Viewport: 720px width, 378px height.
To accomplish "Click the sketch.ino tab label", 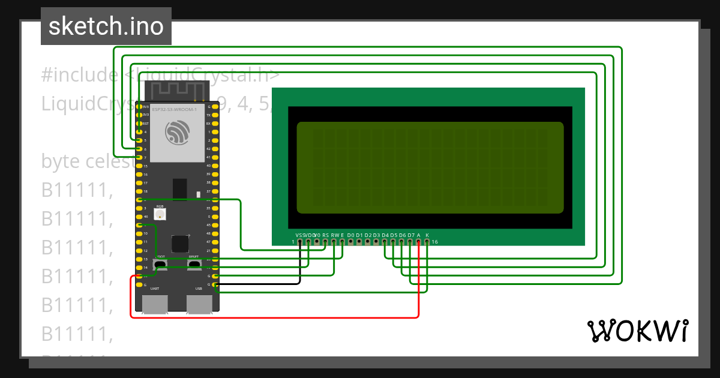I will (x=106, y=26).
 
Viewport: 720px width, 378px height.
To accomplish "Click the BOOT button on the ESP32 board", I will (x=160, y=264).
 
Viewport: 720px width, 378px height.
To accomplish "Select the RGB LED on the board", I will (x=160, y=214).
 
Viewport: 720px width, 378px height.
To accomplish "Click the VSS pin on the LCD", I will (x=300, y=242).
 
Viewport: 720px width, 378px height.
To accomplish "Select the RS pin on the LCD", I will (x=325, y=242).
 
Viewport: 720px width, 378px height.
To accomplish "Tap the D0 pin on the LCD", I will (x=350, y=242).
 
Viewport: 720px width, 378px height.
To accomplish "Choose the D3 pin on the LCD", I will (x=376, y=242).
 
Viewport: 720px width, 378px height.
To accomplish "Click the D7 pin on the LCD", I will (x=410, y=242).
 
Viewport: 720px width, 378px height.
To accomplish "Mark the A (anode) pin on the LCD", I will (x=419, y=242).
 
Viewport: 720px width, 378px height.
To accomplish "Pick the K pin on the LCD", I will (x=427, y=242).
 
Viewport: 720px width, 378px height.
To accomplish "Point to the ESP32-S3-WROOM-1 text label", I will (x=174, y=110).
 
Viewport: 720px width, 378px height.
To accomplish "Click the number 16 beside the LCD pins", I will (x=435, y=242).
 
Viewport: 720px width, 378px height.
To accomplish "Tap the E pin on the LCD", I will (x=342, y=242).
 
